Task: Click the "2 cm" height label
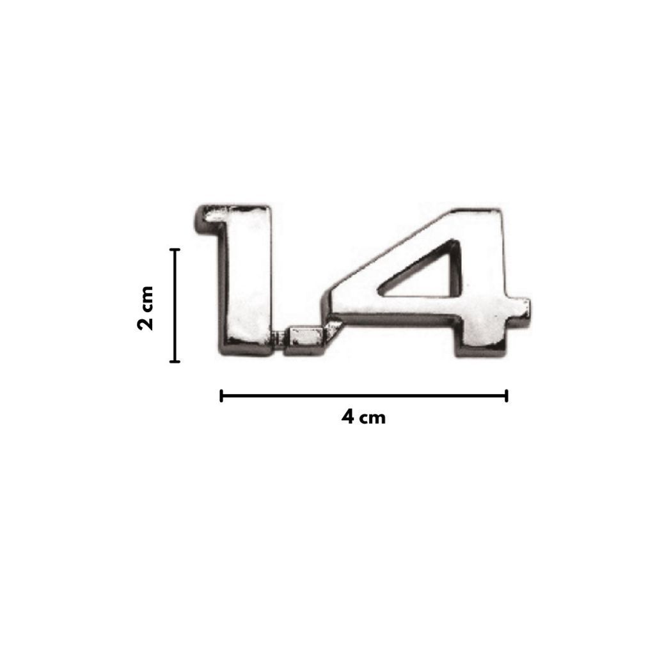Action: coord(145,308)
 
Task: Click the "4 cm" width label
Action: coord(363,417)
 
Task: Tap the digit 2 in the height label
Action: coord(145,324)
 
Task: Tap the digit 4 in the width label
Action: coord(347,417)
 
